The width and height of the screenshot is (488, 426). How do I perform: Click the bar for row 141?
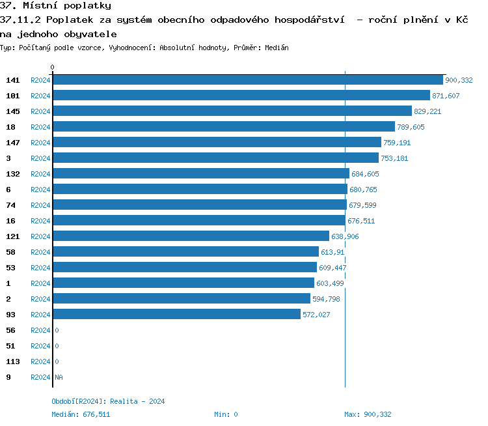point(247,80)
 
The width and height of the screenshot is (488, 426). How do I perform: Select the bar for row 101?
point(241,96)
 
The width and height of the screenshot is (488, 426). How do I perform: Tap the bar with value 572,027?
point(176,315)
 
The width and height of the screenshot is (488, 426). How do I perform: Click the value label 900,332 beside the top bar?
point(459,80)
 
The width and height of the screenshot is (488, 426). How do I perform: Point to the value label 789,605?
point(411,127)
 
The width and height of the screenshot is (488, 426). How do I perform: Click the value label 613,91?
point(332,252)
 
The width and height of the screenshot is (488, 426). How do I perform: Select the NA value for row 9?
point(59,377)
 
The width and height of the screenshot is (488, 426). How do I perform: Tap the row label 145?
point(13,111)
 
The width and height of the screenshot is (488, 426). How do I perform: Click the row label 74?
point(11,205)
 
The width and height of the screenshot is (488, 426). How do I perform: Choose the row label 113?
point(13,362)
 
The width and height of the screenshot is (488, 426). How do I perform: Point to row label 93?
point(11,315)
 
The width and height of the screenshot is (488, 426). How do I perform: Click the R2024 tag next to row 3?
point(40,158)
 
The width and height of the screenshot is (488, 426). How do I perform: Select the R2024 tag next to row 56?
point(40,330)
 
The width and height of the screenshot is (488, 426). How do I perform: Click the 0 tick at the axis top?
point(53,67)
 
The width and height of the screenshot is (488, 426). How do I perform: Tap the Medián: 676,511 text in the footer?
point(81,414)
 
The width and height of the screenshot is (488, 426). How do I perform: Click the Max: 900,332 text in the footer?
point(368,414)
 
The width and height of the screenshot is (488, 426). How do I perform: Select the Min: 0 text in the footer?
point(226,414)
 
